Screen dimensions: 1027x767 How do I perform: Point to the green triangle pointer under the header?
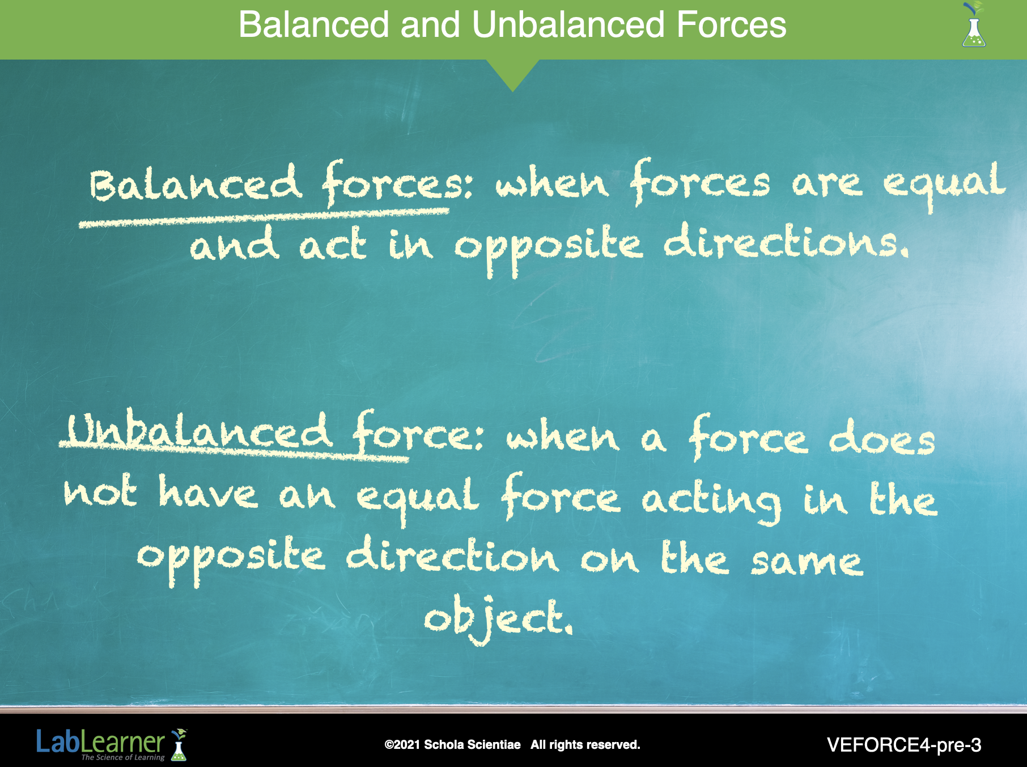click(x=512, y=74)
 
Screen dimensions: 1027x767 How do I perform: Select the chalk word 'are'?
click(x=827, y=185)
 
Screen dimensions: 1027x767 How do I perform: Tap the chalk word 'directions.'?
click(x=786, y=241)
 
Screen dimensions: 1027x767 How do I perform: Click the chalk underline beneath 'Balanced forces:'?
click(x=264, y=218)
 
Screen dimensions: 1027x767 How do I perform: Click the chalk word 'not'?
click(x=100, y=491)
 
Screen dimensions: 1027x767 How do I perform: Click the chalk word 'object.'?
click(x=499, y=618)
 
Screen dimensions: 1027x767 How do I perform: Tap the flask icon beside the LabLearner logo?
click(x=179, y=745)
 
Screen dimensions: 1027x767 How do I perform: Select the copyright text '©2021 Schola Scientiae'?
click(x=452, y=745)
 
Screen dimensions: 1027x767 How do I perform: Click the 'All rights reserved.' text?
click(x=585, y=745)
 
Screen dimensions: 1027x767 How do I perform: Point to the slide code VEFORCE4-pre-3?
click(x=904, y=745)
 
